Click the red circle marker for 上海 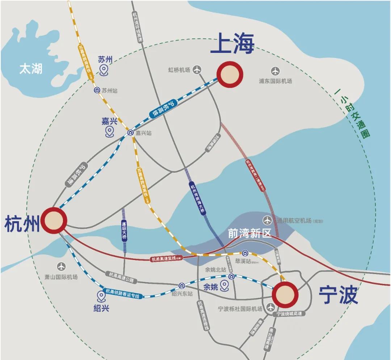coord(230,75)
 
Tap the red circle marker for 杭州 coord(54,221)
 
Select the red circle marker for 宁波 coord(285,294)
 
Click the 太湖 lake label coord(31,69)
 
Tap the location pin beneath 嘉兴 coord(110,132)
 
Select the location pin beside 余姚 coord(224,286)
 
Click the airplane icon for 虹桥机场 coord(197,70)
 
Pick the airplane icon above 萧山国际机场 coord(62,266)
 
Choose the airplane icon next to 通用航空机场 coord(268,220)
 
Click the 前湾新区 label coord(249,234)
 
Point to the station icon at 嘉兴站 coord(130,133)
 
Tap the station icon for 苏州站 coord(97,90)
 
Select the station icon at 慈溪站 coord(245,253)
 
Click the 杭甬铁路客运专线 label coord(122,293)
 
